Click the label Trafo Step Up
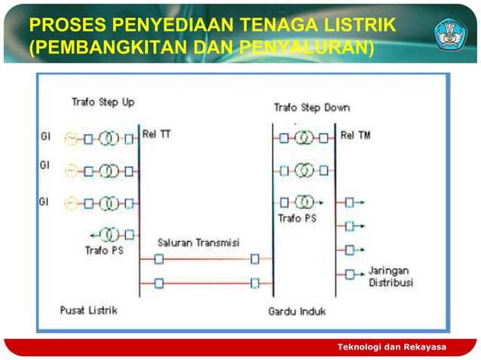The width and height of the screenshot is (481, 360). [x=103, y=102]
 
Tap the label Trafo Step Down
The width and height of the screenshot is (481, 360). [x=311, y=107]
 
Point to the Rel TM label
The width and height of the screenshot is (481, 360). [x=356, y=136]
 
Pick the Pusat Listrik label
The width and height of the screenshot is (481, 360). [x=89, y=309]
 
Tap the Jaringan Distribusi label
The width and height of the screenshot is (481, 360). [x=390, y=276]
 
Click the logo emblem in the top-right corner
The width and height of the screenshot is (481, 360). [x=450, y=33]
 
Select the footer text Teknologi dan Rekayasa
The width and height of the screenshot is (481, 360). [x=391, y=346]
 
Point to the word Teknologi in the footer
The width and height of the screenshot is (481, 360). [x=363, y=346]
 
